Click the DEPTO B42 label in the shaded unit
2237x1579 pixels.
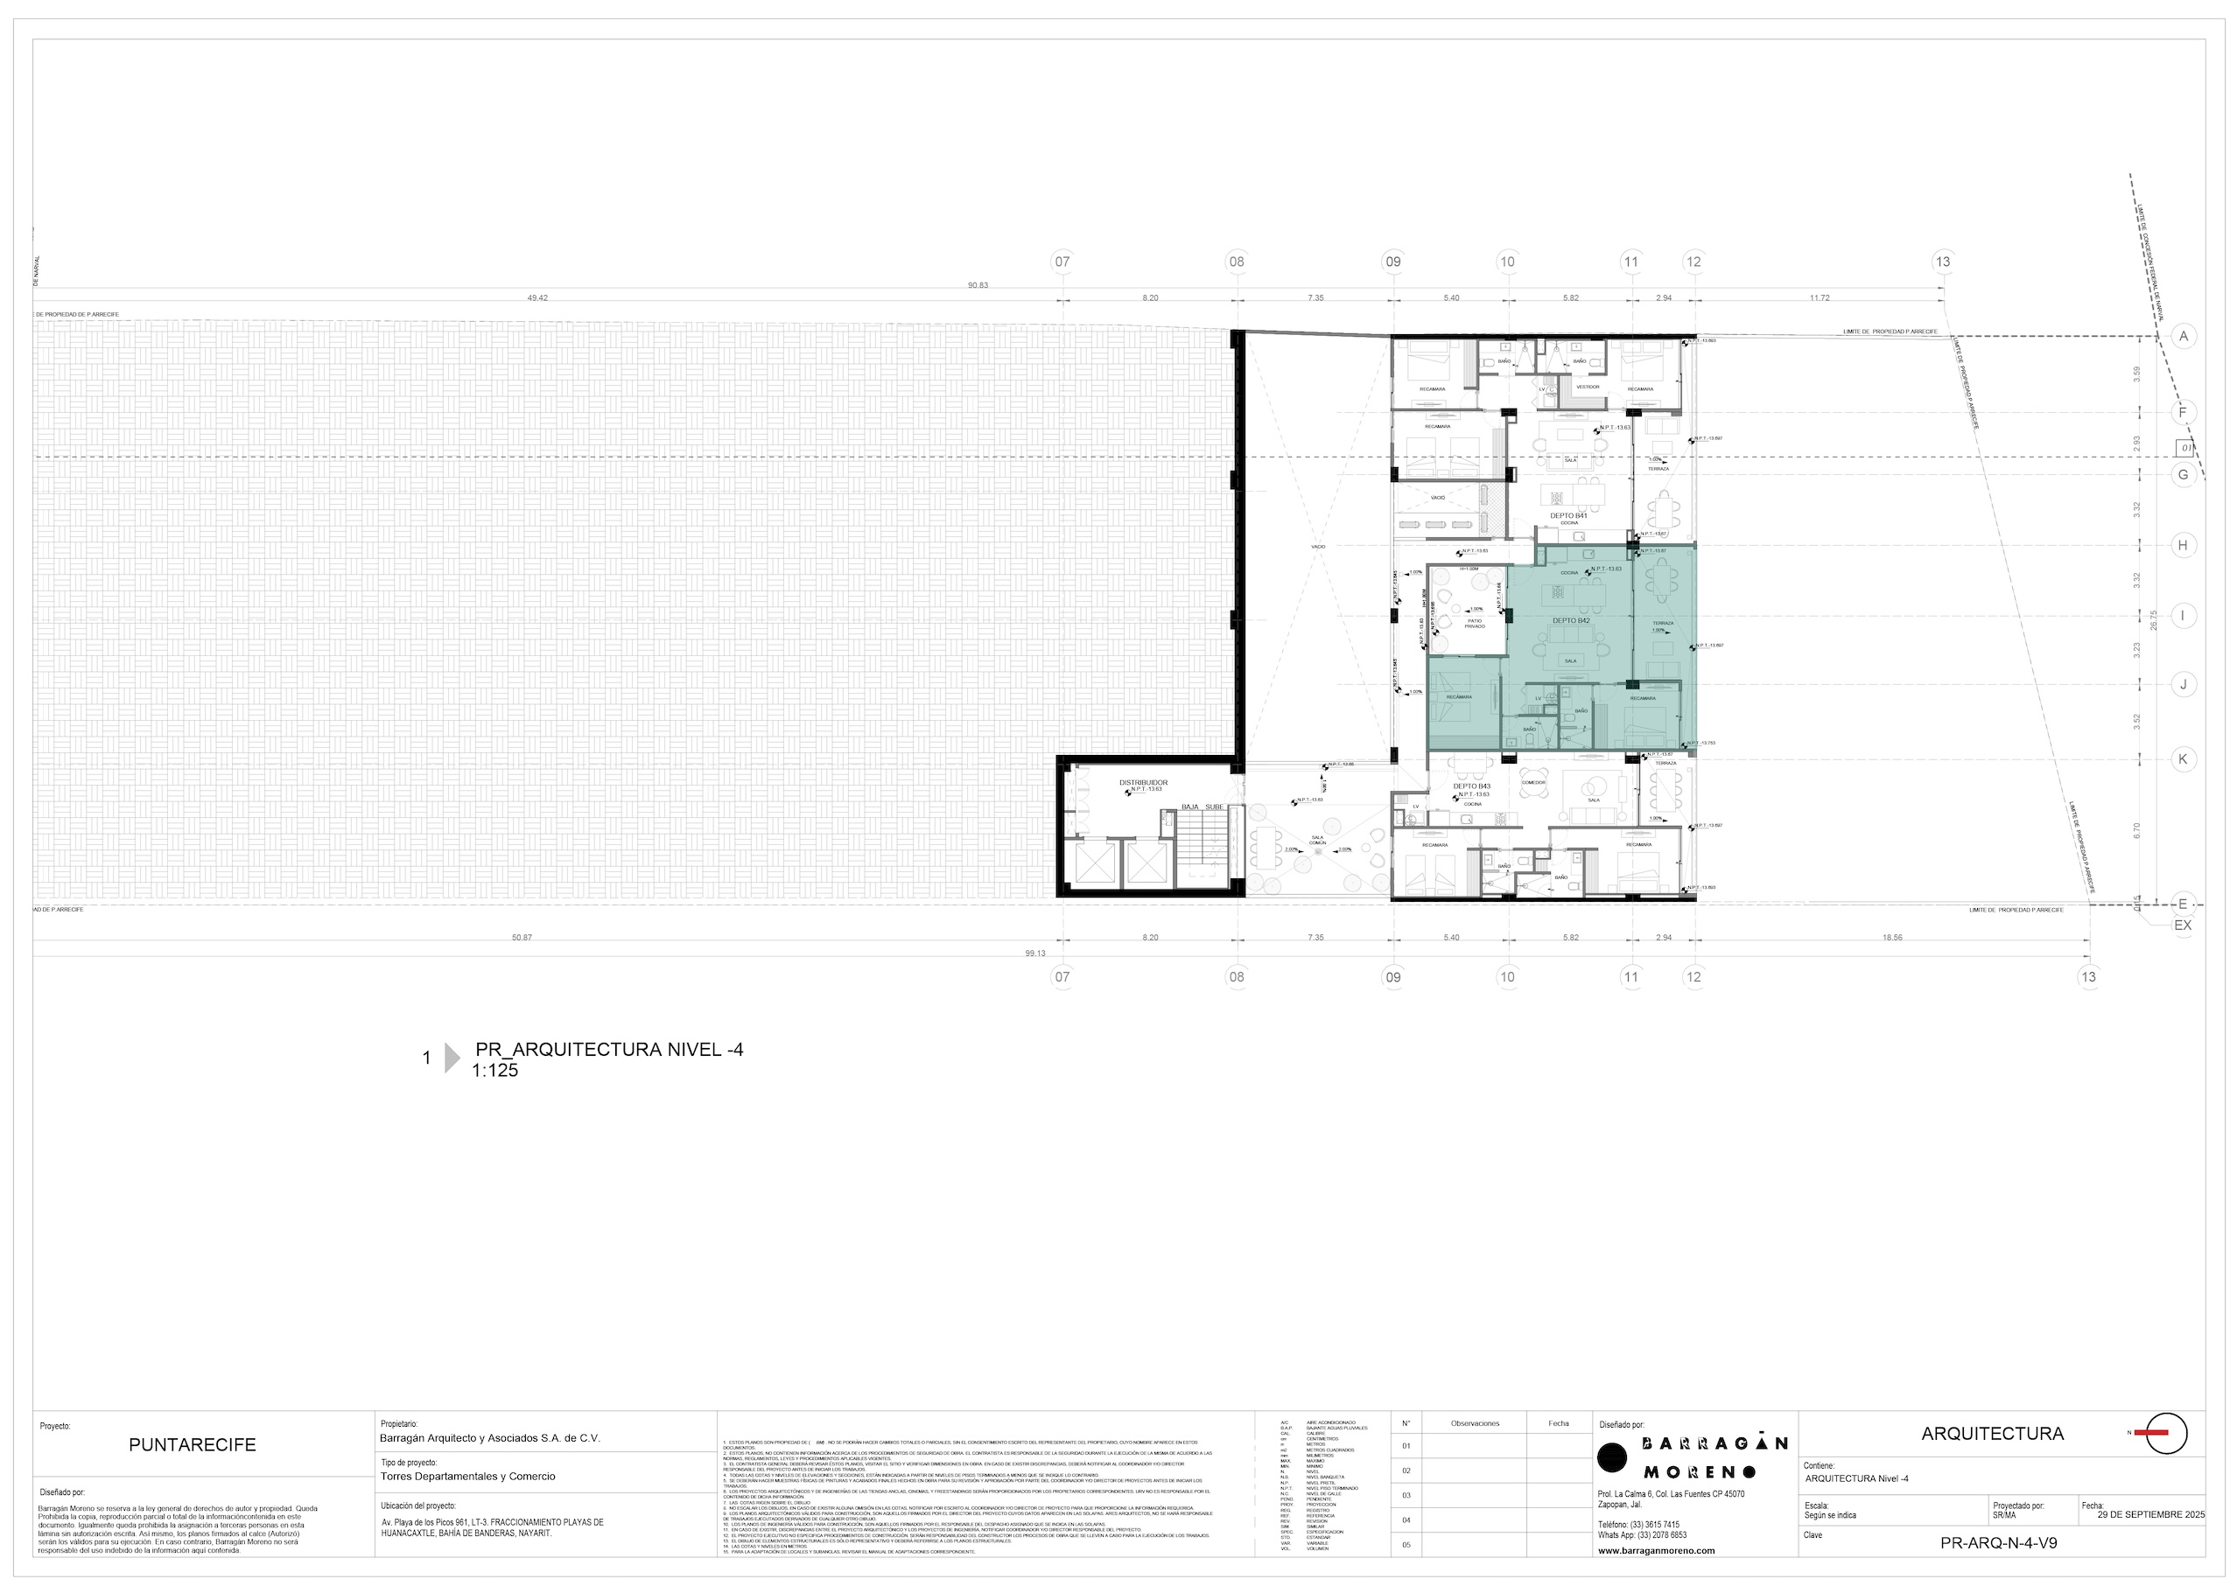click(x=1571, y=620)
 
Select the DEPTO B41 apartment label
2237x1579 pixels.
click(x=1568, y=515)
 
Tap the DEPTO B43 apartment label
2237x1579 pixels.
click(x=1471, y=786)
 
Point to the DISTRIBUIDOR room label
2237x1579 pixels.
click(x=1143, y=782)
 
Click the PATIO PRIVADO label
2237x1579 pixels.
click(x=1474, y=624)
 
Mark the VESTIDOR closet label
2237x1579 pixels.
click(x=1588, y=387)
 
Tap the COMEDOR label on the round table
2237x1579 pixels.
click(x=1533, y=782)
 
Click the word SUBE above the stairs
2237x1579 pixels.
click(x=1214, y=807)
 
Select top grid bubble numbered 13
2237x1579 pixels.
click(x=1943, y=261)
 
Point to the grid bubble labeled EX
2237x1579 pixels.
click(x=2183, y=926)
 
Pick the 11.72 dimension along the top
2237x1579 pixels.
click(x=1819, y=297)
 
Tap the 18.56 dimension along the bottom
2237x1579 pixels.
click(x=1891, y=937)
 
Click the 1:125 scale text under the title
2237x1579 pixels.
click(x=495, y=1072)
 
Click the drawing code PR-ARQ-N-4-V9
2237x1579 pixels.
click(x=1998, y=1543)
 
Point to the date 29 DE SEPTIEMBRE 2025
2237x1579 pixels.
click(x=2150, y=1516)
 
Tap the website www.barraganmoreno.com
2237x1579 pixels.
click(x=1657, y=1551)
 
